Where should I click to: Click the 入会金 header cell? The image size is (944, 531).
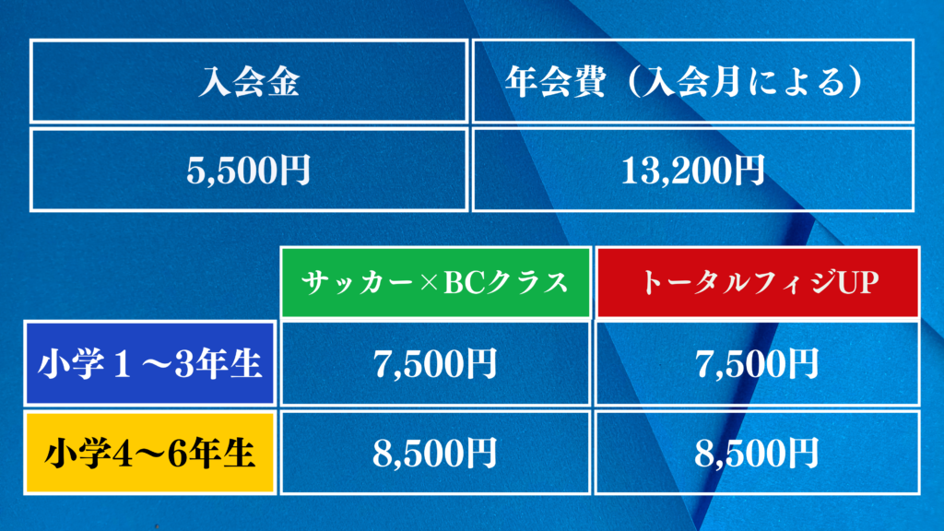[x=249, y=81]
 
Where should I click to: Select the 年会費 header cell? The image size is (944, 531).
[x=693, y=81]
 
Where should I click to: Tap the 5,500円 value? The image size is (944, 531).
[x=249, y=170]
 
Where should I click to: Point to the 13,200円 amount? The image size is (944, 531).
[x=693, y=170]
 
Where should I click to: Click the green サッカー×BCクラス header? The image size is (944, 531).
[x=435, y=282]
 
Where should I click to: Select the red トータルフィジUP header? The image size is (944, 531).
[x=758, y=282]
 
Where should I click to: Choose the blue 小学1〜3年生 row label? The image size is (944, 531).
[x=150, y=363]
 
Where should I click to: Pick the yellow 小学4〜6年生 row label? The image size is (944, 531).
[x=150, y=453]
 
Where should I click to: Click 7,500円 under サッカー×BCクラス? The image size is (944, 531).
[x=435, y=363]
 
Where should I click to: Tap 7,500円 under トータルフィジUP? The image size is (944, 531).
[x=758, y=363]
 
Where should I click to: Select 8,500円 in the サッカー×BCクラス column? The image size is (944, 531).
[x=435, y=453]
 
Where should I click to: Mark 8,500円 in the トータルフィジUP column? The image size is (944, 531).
[x=758, y=453]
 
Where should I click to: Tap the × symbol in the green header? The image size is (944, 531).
[x=429, y=283]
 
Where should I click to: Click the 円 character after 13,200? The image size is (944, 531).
[x=749, y=170]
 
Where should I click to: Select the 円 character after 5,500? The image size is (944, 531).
[x=295, y=170]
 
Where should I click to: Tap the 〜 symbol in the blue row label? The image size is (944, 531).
[x=154, y=364]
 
